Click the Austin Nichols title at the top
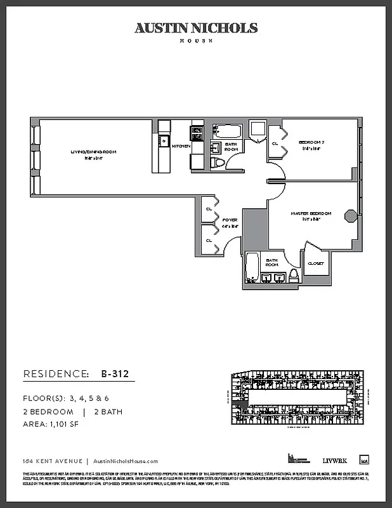click(196, 28)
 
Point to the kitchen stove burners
click(197, 133)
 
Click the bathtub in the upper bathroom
click(226, 131)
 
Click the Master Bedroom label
click(311, 213)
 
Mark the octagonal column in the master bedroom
click(349, 215)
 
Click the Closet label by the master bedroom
click(316, 263)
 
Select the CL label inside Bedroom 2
click(275, 144)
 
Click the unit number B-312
click(115, 374)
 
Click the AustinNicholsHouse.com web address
click(126, 462)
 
